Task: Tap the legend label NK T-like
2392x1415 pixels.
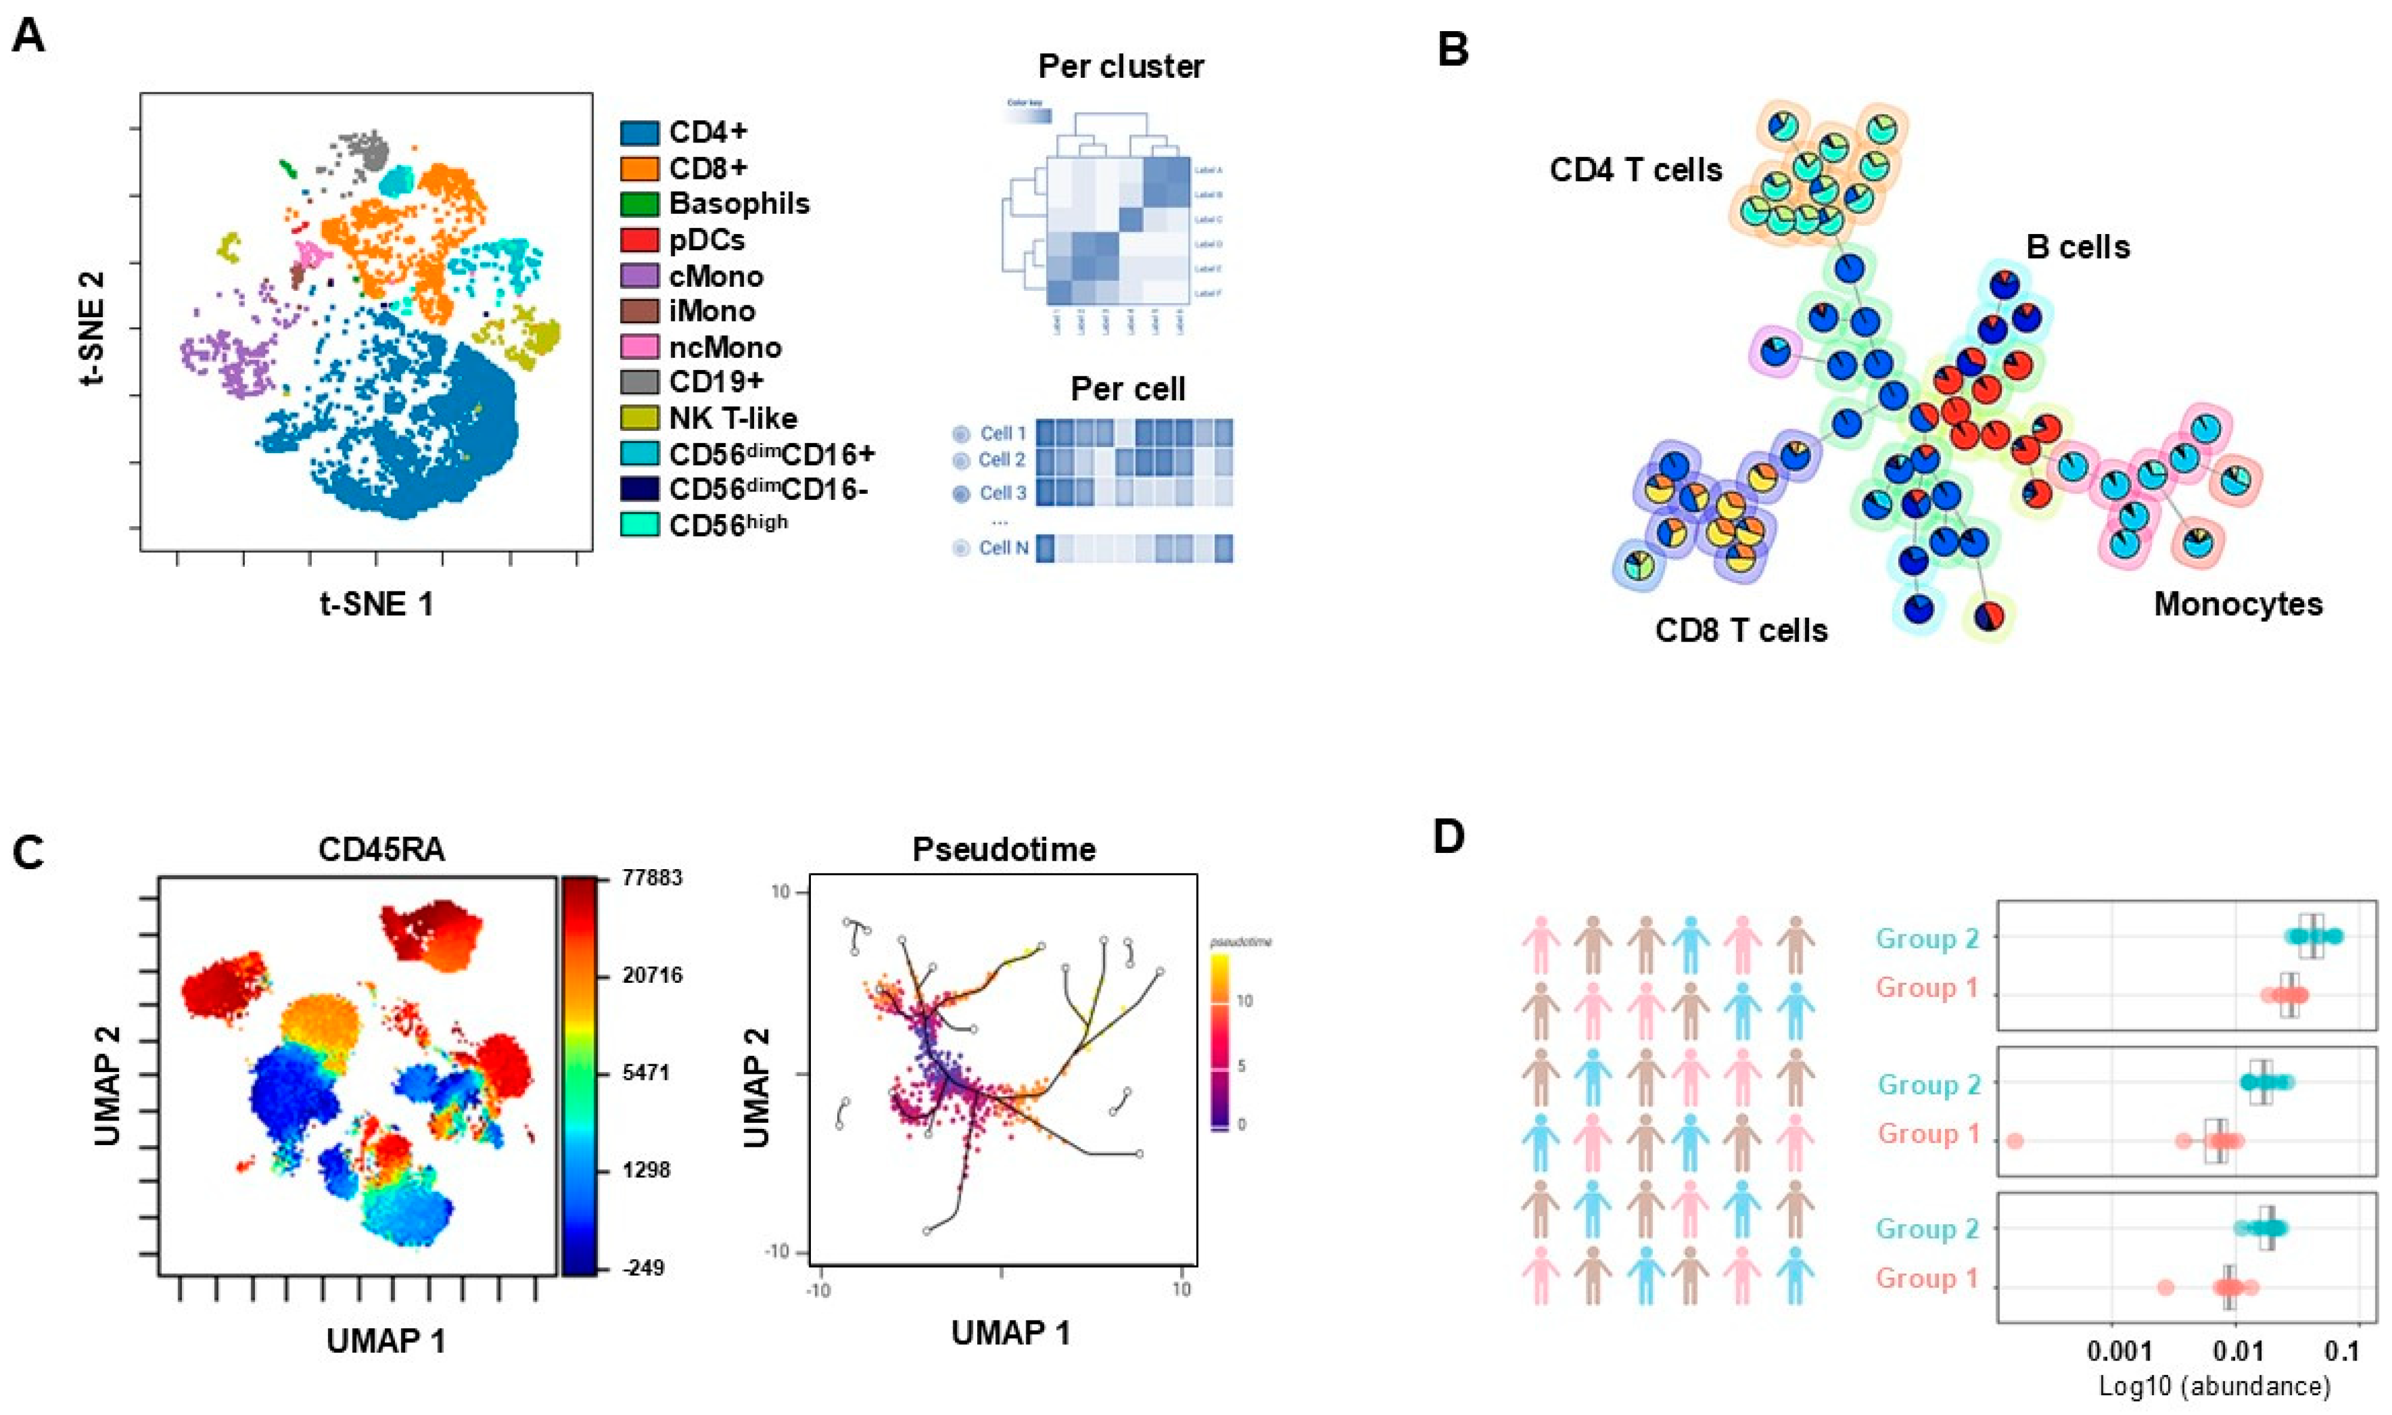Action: click(732, 418)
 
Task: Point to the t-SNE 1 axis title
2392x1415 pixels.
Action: click(376, 603)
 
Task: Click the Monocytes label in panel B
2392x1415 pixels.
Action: click(2238, 603)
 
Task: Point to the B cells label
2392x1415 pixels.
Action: click(2077, 247)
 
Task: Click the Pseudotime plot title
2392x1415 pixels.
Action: click(1003, 849)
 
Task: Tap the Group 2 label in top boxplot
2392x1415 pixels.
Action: click(1928, 939)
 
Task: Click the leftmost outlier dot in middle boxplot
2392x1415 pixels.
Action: click(2014, 1140)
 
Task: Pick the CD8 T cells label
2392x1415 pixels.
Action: click(1741, 630)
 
